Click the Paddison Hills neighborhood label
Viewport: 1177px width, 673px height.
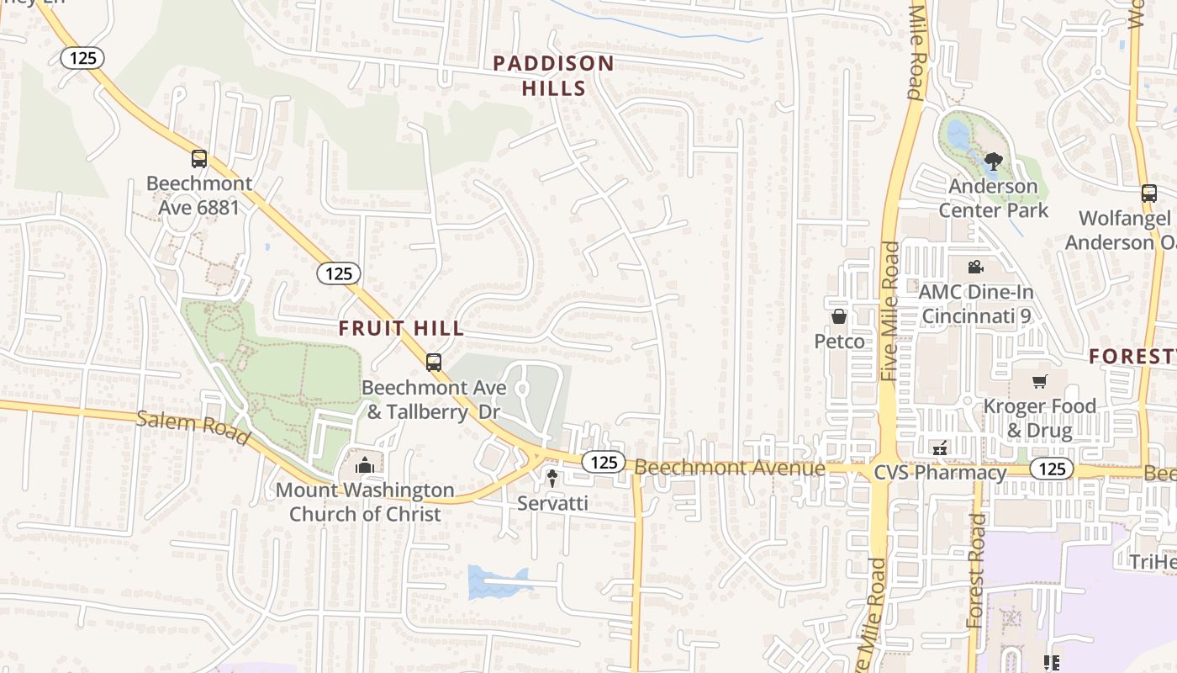(553, 75)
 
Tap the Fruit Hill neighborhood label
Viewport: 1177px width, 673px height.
(401, 328)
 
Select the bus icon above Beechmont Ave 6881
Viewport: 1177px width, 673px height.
(198, 158)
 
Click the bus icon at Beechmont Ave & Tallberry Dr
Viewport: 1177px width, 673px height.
(434, 363)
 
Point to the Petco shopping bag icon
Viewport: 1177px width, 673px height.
(839, 316)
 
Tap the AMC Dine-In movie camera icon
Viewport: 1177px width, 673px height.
(975, 268)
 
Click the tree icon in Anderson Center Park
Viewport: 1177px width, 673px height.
(993, 161)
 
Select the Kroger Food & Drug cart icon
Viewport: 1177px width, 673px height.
(1040, 382)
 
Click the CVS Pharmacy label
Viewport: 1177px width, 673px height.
(940, 472)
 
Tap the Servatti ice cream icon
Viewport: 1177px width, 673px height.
(552, 479)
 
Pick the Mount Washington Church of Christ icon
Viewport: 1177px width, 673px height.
(364, 465)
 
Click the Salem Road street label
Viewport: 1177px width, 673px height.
(193, 427)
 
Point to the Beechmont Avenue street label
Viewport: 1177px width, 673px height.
(729, 467)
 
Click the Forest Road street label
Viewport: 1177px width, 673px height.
(977, 570)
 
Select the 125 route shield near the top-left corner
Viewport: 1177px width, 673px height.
(82, 58)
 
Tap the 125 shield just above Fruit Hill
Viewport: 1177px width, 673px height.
(339, 273)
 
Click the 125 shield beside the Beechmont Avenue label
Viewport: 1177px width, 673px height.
(604, 461)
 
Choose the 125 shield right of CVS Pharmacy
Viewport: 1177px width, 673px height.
(1052, 469)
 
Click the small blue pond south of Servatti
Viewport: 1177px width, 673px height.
(497, 582)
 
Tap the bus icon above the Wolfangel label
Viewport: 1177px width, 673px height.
(1149, 193)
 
